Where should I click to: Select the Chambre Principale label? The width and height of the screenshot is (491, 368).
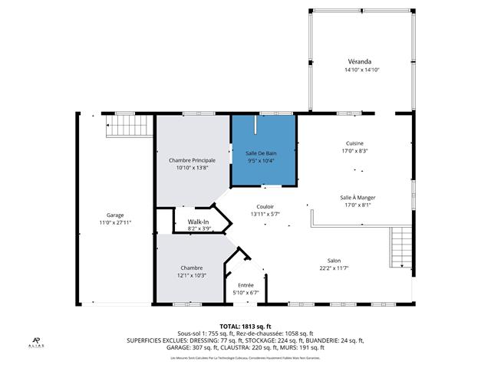click(x=192, y=159)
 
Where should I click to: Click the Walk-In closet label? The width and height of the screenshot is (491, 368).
click(x=198, y=222)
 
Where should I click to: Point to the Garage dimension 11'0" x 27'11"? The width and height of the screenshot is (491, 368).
click(x=116, y=222)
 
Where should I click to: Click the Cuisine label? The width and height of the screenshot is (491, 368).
click(x=354, y=143)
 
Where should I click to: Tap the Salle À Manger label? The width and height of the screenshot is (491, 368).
click(x=358, y=197)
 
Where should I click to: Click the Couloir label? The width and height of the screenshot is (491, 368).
click(x=265, y=207)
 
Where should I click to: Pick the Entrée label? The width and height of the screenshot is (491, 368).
click(x=245, y=285)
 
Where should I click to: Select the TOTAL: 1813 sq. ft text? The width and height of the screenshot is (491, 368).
click(x=245, y=326)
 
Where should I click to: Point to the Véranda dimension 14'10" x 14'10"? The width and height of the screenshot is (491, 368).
click(x=362, y=70)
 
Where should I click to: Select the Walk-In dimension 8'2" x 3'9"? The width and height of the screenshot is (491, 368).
click(x=198, y=228)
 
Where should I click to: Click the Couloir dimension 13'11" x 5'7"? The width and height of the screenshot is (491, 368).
click(x=265, y=214)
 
